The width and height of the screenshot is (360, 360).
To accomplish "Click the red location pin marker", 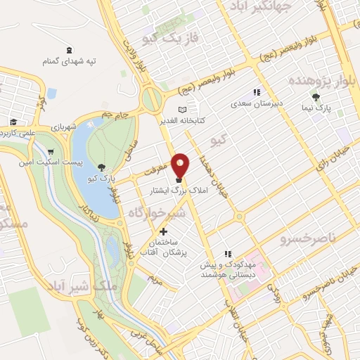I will [181, 165].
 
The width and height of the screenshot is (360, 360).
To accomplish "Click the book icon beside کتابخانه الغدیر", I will [183, 110].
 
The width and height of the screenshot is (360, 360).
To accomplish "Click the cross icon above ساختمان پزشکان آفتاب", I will [164, 231].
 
